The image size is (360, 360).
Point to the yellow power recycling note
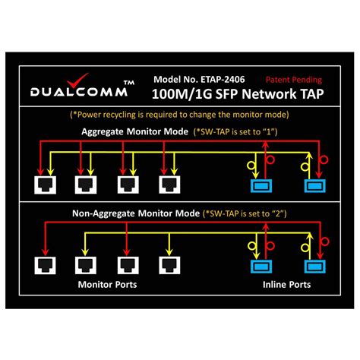179,114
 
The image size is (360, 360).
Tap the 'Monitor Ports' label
106,286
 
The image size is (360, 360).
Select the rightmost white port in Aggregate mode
169,185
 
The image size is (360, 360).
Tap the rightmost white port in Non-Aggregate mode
169,265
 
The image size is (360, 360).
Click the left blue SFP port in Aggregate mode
263,186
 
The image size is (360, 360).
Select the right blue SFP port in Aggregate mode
313,186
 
